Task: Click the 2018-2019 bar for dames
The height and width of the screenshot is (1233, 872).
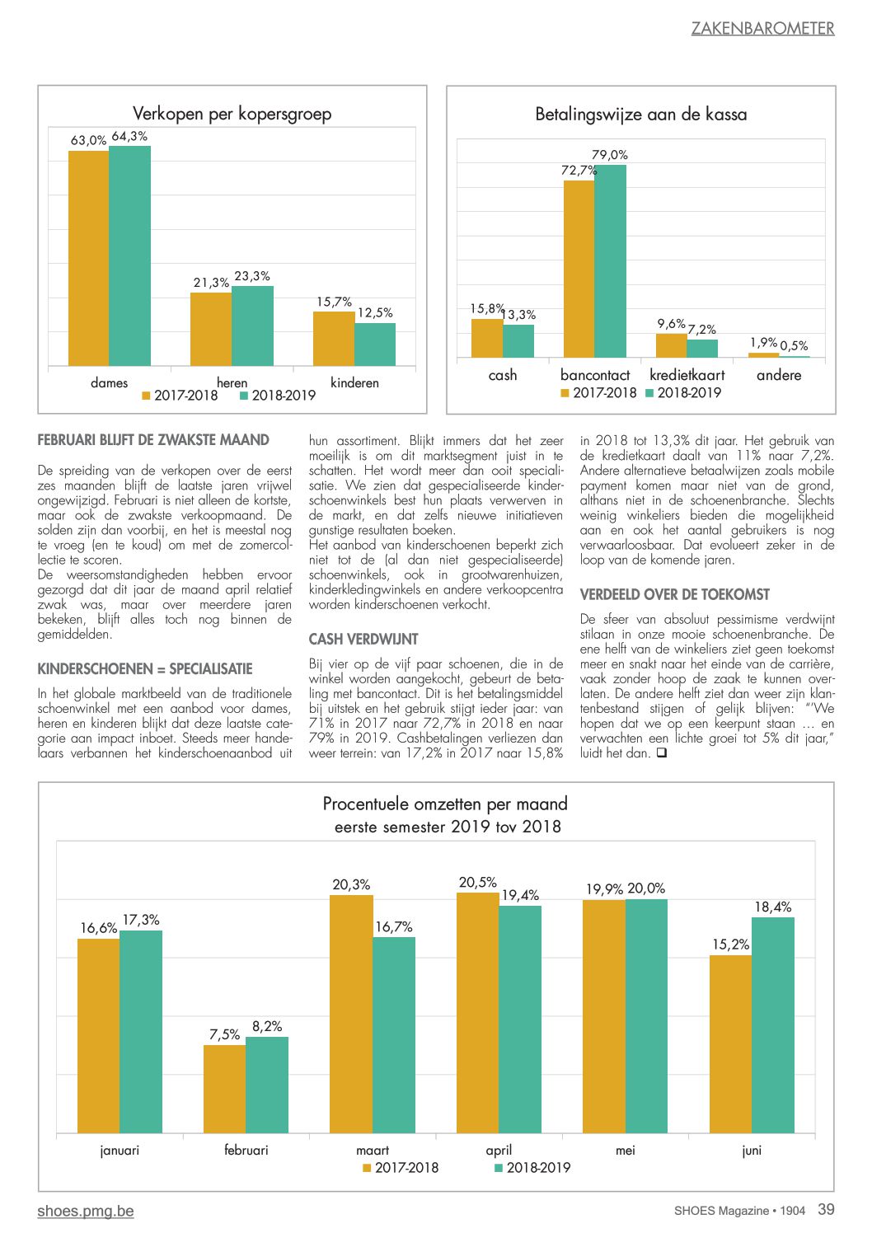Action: coord(129,256)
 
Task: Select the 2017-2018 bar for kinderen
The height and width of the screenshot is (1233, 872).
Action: coord(334,339)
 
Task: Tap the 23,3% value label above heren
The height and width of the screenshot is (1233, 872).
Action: coord(252,276)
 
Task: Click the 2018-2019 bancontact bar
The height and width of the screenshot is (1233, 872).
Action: coord(610,261)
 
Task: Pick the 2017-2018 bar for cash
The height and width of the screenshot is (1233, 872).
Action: coord(487,338)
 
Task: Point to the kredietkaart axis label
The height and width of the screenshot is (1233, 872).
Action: coord(687,375)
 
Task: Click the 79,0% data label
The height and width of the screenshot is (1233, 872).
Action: coord(609,155)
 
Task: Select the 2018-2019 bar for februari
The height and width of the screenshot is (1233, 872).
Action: coord(267,1085)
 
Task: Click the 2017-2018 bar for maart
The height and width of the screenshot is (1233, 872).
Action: coord(351,1014)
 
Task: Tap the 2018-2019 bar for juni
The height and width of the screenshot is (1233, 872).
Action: coord(773,1025)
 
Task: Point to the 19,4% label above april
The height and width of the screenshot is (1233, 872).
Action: coord(520,895)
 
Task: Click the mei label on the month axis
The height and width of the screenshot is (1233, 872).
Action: coord(626,1150)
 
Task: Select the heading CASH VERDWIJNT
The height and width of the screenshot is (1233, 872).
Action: coord(363,639)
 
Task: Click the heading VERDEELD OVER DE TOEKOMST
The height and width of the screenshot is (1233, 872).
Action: coord(674,594)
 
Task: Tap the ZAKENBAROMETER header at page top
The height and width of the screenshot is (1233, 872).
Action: coord(763,28)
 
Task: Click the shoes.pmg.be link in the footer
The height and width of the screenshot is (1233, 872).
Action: coord(86,1211)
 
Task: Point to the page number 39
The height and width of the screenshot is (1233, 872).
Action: coord(826,1209)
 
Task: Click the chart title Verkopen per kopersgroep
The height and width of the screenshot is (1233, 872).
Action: coord(232,114)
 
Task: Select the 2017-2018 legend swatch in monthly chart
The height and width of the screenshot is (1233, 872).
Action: coord(367,1168)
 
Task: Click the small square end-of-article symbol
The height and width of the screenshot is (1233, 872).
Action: coord(662,753)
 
